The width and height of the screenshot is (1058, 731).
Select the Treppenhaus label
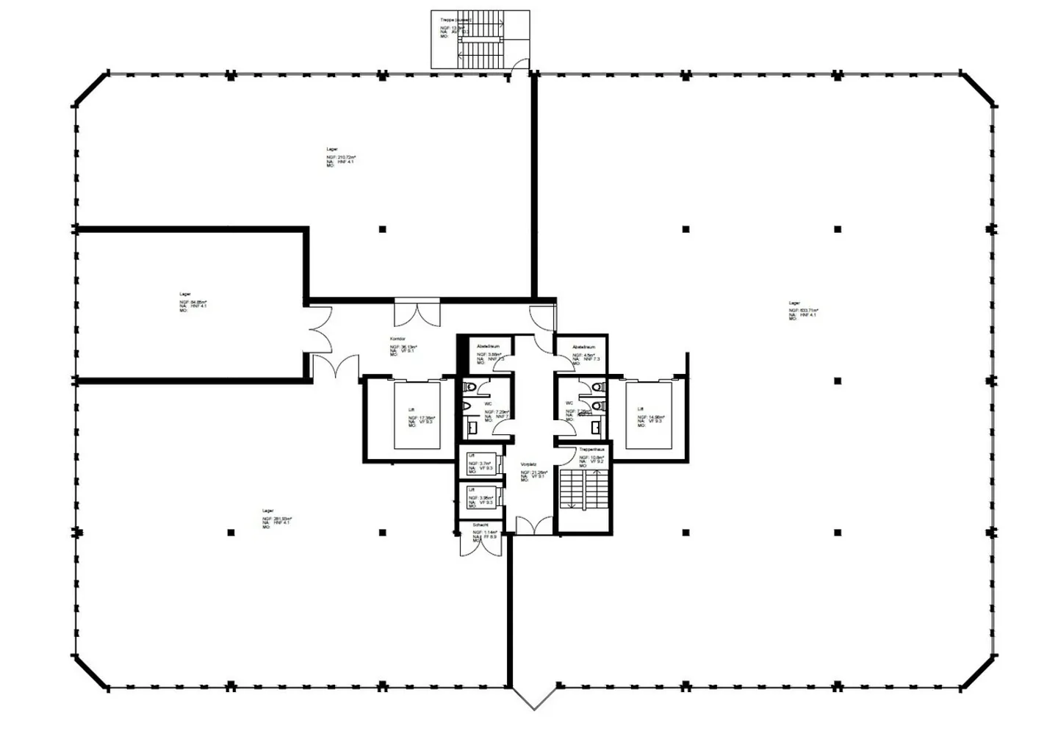click(591, 449)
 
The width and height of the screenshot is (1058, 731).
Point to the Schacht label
click(481, 525)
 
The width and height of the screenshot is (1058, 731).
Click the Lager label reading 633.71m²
click(794, 303)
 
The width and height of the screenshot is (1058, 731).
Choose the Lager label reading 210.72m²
click(333, 150)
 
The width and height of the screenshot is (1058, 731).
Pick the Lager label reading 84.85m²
click(185, 294)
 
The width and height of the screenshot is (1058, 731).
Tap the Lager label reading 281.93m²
click(267, 511)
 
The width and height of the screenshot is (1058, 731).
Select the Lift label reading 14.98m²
click(641, 409)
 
